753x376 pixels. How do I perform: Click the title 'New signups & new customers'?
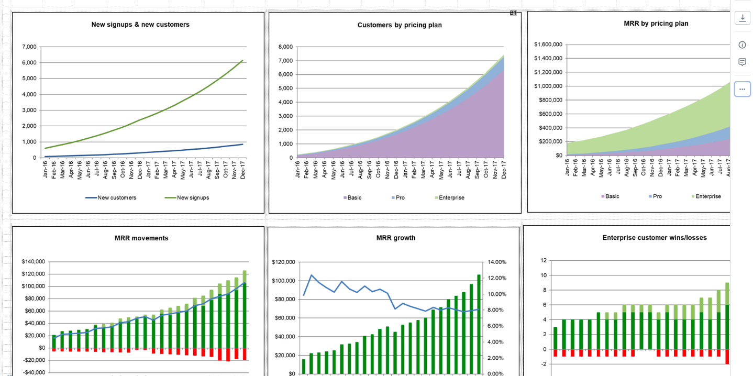[x=140, y=25]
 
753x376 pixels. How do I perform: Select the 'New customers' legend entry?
[x=117, y=197]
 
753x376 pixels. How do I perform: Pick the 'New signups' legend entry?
[x=193, y=197]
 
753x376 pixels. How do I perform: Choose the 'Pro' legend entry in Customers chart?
[x=400, y=197]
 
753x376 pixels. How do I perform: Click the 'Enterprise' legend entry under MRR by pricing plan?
[x=708, y=196]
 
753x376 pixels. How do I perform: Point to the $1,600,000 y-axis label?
[x=548, y=45]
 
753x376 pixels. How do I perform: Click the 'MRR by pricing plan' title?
[x=656, y=24]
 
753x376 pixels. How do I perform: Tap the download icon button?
[x=742, y=18]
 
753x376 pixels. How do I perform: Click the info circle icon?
[x=742, y=45]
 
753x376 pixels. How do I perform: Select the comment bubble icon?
[x=742, y=62]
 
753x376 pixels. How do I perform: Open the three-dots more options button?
[x=742, y=89]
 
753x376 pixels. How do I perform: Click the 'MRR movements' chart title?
[x=141, y=238]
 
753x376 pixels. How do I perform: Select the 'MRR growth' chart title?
[x=396, y=238]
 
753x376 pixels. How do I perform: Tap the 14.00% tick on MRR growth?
[x=496, y=262]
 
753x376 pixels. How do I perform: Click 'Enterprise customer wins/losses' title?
[x=655, y=238]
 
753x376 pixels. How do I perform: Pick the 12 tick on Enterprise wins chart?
[x=544, y=260]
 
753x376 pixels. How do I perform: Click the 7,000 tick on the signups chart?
[x=29, y=47]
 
